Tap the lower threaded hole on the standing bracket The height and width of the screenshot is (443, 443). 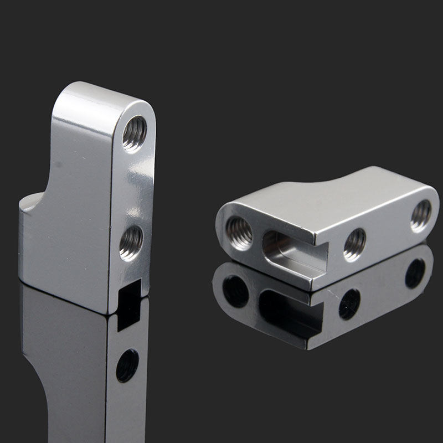click(131, 243)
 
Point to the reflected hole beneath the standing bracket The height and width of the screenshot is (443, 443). click(127, 366)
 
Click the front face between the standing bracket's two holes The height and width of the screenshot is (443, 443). click(133, 188)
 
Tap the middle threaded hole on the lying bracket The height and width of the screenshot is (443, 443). click(354, 244)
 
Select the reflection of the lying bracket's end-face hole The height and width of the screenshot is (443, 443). click(236, 291)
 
